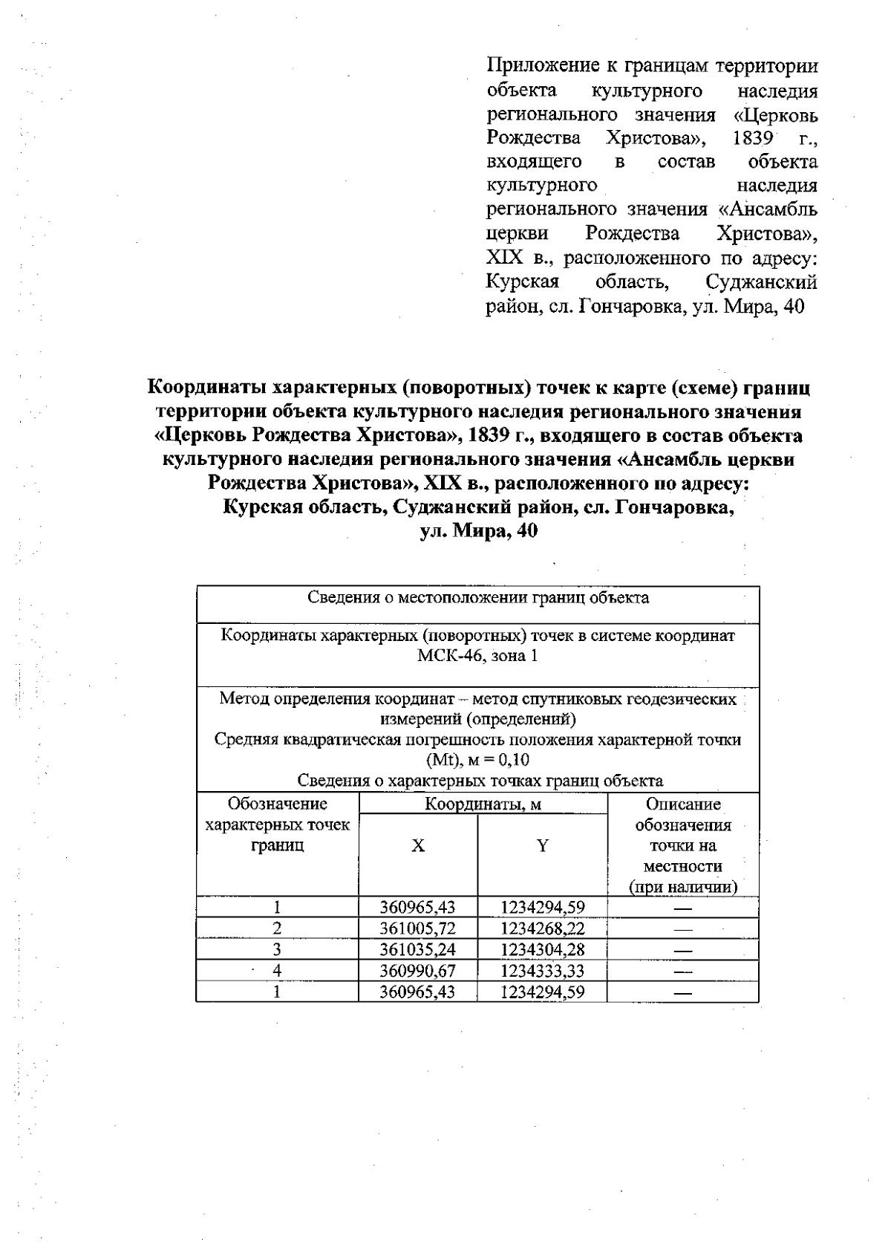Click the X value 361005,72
pyautogui.click(x=417, y=928)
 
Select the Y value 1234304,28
pyautogui.click(x=543, y=949)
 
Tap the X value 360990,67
pyautogui.click(x=417, y=970)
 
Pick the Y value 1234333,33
pyautogui.click(x=543, y=970)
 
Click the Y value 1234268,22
pyautogui.click(x=543, y=928)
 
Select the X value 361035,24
pyautogui.click(x=417, y=949)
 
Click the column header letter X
pyautogui.click(x=418, y=846)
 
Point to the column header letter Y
pyautogui.click(x=543, y=846)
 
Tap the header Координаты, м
pyautogui.click(x=483, y=804)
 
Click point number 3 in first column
pyautogui.click(x=277, y=949)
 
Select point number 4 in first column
pyautogui.click(x=277, y=970)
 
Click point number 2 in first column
pyautogui.click(x=277, y=928)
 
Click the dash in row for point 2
pyautogui.click(x=683, y=928)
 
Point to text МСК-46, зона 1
pyautogui.click(x=477, y=656)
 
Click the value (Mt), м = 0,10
pyautogui.click(x=477, y=760)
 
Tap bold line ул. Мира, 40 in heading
pyautogui.click(x=478, y=532)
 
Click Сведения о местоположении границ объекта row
pyautogui.click(x=477, y=597)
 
